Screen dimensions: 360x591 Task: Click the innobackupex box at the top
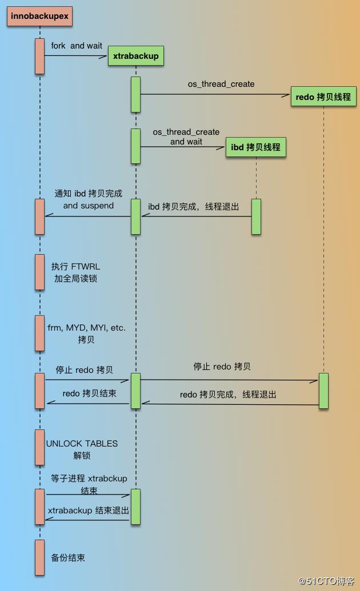(x=39, y=16)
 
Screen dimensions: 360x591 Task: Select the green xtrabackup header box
(x=136, y=56)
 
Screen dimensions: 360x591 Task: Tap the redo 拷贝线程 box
(x=323, y=97)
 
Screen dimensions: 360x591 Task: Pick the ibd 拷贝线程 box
(x=256, y=147)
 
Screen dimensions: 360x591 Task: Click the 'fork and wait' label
(x=77, y=46)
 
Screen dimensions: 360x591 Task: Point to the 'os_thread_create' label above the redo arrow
(x=221, y=84)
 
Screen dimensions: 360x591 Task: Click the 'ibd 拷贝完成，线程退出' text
(x=194, y=207)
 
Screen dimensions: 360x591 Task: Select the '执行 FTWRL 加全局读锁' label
(x=76, y=272)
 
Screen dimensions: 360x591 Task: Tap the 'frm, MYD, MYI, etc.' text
(x=86, y=328)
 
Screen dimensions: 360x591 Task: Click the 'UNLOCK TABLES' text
(x=82, y=444)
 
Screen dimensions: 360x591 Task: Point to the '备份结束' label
(x=68, y=558)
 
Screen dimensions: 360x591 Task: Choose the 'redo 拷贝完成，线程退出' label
(x=229, y=395)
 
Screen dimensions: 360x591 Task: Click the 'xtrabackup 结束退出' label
(x=89, y=510)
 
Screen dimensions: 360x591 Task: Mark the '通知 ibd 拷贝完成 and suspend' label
(x=89, y=199)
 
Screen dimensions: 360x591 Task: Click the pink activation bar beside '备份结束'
(x=39, y=557)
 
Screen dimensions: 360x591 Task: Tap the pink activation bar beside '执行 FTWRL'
(x=39, y=272)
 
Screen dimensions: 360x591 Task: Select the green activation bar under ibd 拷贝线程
(x=256, y=217)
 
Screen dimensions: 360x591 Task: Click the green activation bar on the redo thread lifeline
(x=323, y=391)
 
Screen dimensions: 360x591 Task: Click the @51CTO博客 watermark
(x=326, y=581)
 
